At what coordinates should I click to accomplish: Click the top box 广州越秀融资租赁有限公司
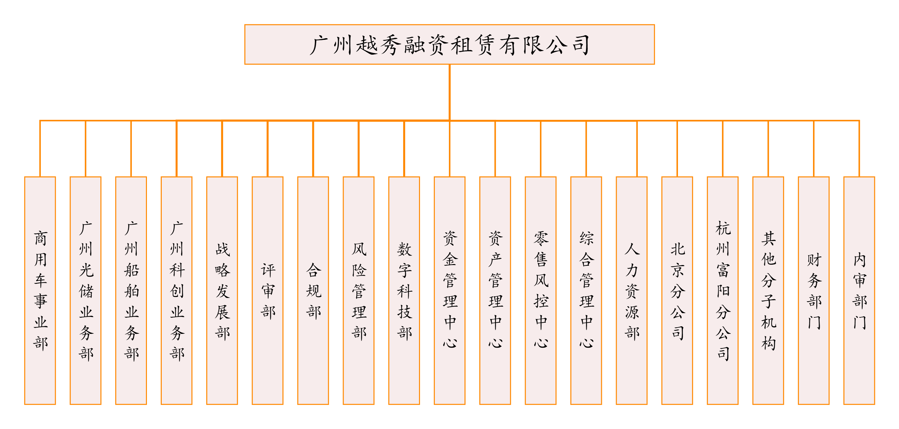pos(449,45)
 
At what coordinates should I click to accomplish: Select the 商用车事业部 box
pos(40,290)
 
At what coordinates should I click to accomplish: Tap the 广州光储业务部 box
pos(86,290)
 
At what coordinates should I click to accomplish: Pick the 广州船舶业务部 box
pos(131,290)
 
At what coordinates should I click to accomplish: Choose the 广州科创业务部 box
pos(177,290)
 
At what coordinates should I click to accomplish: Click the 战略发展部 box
pos(222,290)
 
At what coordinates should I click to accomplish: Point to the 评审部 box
pos(268,290)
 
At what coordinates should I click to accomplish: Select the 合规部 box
pos(313,290)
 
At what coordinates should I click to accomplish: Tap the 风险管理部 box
pos(358,290)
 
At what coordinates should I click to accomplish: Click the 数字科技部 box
pos(404,290)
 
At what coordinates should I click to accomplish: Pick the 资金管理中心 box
pos(449,290)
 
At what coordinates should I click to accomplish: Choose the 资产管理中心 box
pos(495,290)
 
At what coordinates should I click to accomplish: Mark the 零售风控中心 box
pos(541,290)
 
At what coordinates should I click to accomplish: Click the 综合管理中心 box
pos(586,290)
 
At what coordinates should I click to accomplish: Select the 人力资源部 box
pos(632,290)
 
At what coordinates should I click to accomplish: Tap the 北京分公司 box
pos(677,290)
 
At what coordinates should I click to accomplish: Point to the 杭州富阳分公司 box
pos(723,290)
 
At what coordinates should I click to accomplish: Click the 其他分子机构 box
pos(768,290)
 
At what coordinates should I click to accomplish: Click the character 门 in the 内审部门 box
pos(859,322)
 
